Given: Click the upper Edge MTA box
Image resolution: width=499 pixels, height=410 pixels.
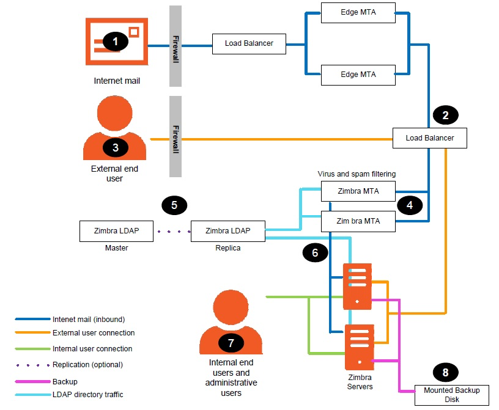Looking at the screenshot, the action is (358, 13).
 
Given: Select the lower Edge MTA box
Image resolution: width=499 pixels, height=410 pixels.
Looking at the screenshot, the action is (358, 75).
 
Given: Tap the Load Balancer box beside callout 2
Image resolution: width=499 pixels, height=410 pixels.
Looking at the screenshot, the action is (430, 138).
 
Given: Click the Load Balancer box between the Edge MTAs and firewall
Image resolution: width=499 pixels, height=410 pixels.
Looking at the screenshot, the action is (249, 44).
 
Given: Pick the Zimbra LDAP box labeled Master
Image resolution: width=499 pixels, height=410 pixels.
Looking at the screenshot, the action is (116, 231).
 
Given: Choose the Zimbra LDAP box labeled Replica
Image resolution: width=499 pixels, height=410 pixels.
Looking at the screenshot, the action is (228, 231).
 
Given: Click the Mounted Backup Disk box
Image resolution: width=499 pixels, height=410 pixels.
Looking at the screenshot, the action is (451, 395).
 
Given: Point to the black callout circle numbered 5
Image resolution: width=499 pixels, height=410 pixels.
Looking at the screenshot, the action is (174, 205).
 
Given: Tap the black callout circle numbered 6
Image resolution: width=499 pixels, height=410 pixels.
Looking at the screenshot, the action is (315, 252).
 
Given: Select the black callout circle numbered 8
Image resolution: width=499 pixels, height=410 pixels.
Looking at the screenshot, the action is (446, 372).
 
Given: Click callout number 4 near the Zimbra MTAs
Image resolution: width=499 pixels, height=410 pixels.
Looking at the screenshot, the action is (410, 205).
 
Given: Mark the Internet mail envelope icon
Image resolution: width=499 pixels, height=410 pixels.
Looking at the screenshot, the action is (117, 42).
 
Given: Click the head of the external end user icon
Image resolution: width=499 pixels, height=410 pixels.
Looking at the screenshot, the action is (114, 113).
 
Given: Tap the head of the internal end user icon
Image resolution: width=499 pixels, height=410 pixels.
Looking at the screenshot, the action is (231, 307).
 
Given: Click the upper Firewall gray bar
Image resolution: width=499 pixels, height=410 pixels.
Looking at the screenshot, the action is (176, 46).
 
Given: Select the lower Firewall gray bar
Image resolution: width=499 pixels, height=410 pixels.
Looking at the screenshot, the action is (176, 136).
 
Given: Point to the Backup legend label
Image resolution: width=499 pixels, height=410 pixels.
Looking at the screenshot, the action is (65, 381).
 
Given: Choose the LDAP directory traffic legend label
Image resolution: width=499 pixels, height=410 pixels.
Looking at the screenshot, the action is (88, 394).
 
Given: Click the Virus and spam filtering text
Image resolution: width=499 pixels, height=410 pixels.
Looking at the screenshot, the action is (357, 174).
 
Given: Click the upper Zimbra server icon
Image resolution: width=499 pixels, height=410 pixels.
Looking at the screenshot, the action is (357, 287).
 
